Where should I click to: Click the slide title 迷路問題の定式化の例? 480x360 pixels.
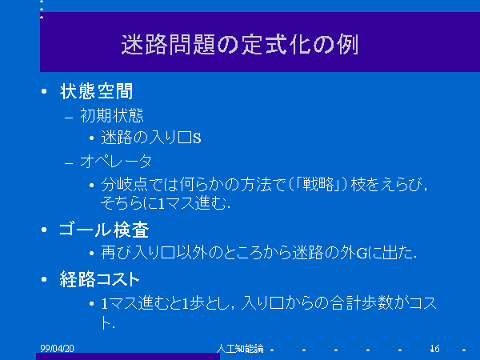[240, 45]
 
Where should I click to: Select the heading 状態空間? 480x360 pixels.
[97, 91]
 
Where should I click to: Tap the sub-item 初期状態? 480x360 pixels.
[112, 116]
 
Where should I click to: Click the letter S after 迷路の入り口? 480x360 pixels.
[197, 138]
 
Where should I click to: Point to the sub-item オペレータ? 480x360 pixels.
[116, 161]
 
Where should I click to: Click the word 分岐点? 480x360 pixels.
[124, 184]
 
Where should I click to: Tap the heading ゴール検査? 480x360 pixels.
[104, 230]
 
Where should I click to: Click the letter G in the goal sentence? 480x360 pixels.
[362, 253]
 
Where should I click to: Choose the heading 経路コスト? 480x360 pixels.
[99, 279]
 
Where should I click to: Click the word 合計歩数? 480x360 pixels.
[362, 303]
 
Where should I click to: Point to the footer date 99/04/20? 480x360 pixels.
[57, 348]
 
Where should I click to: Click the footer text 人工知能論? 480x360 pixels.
[240, 348]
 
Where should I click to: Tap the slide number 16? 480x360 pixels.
[434, 348]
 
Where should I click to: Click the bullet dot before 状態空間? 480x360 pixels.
[44, 91]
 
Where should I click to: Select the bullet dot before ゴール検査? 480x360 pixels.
[44, 230]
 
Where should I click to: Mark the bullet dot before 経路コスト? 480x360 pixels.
[44, 279]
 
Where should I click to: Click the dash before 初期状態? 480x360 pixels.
[69, 118]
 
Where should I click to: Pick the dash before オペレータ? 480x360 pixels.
[69, 163]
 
